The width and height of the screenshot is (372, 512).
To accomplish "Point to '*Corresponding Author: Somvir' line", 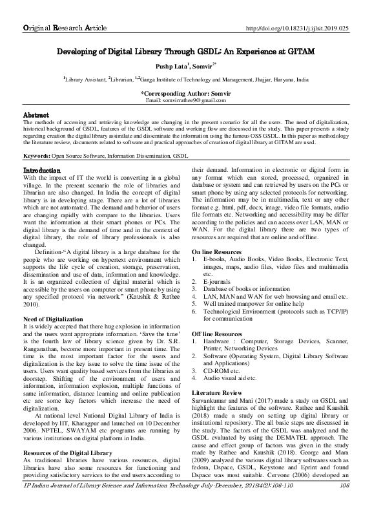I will [186, 94].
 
